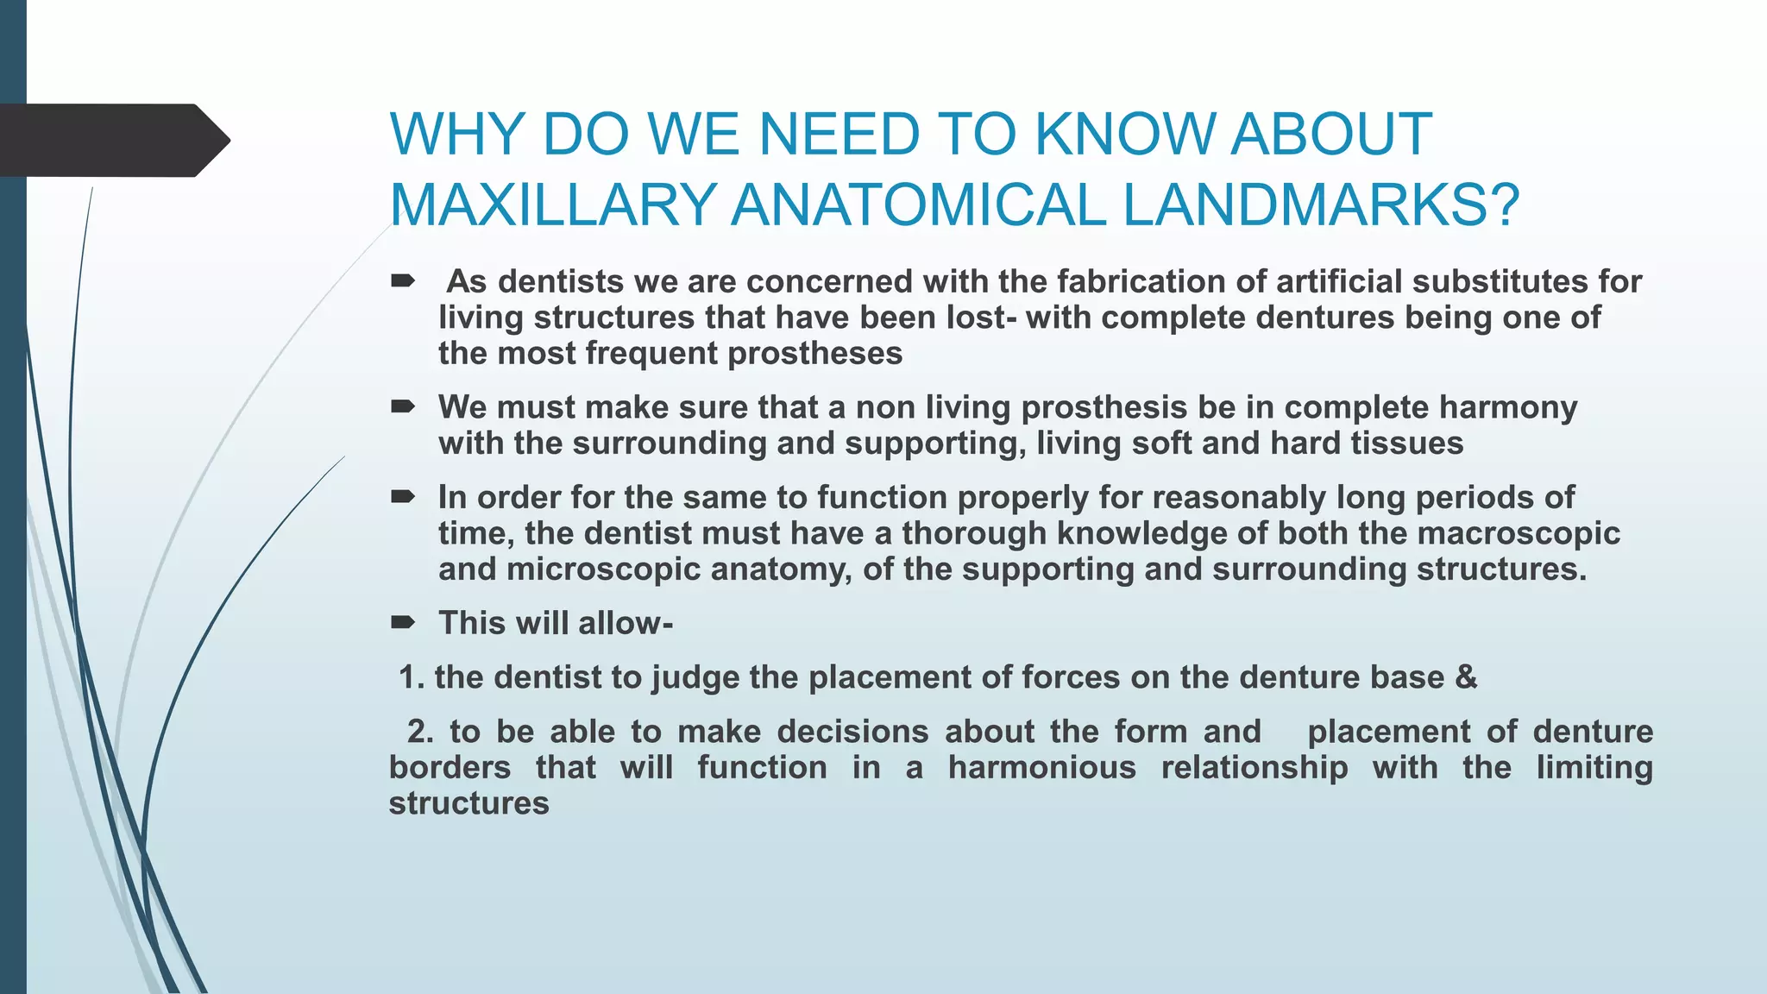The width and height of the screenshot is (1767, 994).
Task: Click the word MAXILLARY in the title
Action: [553, 205]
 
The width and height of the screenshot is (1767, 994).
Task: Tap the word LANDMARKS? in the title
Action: [1321, 205]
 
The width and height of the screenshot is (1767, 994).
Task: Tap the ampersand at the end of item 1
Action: [1466, 677]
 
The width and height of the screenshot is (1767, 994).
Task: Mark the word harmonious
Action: [1041, 767]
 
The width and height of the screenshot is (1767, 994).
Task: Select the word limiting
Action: [1594, 767]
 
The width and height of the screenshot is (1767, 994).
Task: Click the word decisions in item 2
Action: [852, 732]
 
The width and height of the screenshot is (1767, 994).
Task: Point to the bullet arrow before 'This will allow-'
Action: [403, 622]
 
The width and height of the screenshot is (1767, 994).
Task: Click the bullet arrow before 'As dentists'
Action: [403, 280]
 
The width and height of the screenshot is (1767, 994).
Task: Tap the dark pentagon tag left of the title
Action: [112, 140]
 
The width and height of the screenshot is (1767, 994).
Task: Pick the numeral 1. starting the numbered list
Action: [412, 677]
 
